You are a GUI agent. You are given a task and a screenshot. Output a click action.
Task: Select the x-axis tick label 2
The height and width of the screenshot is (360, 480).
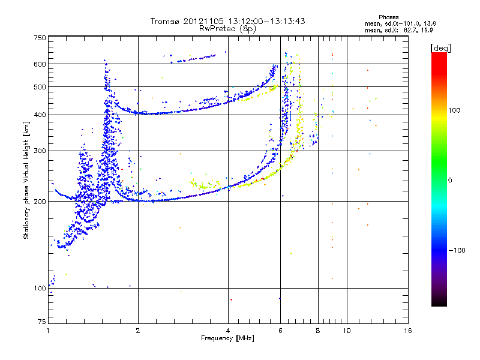pos(138,331)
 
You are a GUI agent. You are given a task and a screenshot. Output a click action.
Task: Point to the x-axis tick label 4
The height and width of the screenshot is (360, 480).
pos(228,331)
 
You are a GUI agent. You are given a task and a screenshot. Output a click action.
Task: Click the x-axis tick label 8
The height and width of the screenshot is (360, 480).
pos(317,331)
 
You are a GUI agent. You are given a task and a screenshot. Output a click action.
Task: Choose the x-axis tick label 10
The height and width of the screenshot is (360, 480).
pos(346,331)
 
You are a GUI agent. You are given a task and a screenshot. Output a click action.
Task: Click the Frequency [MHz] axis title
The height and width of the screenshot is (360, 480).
pos(227,338)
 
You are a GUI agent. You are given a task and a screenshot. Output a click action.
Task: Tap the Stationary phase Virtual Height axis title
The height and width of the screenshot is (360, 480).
pos(26,180)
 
